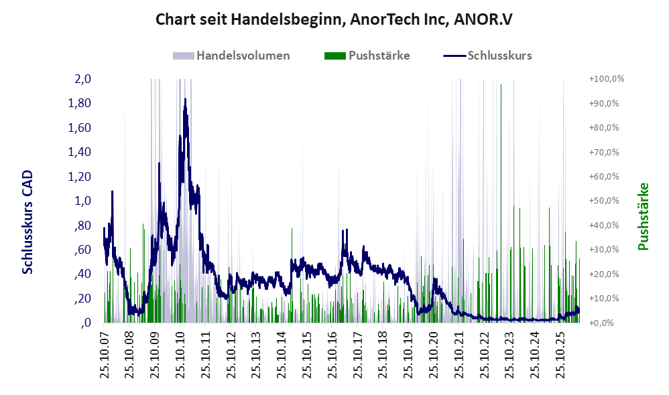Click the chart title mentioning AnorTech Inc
[x=334, y=19]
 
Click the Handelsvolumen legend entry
[x=231, y=56]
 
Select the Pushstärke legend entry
[x=367, y=56]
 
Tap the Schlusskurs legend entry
[x=487, y=56]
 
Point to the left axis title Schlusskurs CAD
[x=27, y=222]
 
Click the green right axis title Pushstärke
[x=643, y=216]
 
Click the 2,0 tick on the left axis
[x=82, y=79]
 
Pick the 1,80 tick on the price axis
[x=79, y=103]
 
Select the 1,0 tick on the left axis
[x=82, y=201]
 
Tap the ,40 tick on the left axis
[x=82, y=274]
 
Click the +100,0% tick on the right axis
[x=606, y=79]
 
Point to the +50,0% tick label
[x=604, y=201]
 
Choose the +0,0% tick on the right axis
[x=601, y=323]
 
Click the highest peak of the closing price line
[x=185, y=99]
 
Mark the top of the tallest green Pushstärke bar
[x=501, y=85]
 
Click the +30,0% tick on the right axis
[x=604, y=249]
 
